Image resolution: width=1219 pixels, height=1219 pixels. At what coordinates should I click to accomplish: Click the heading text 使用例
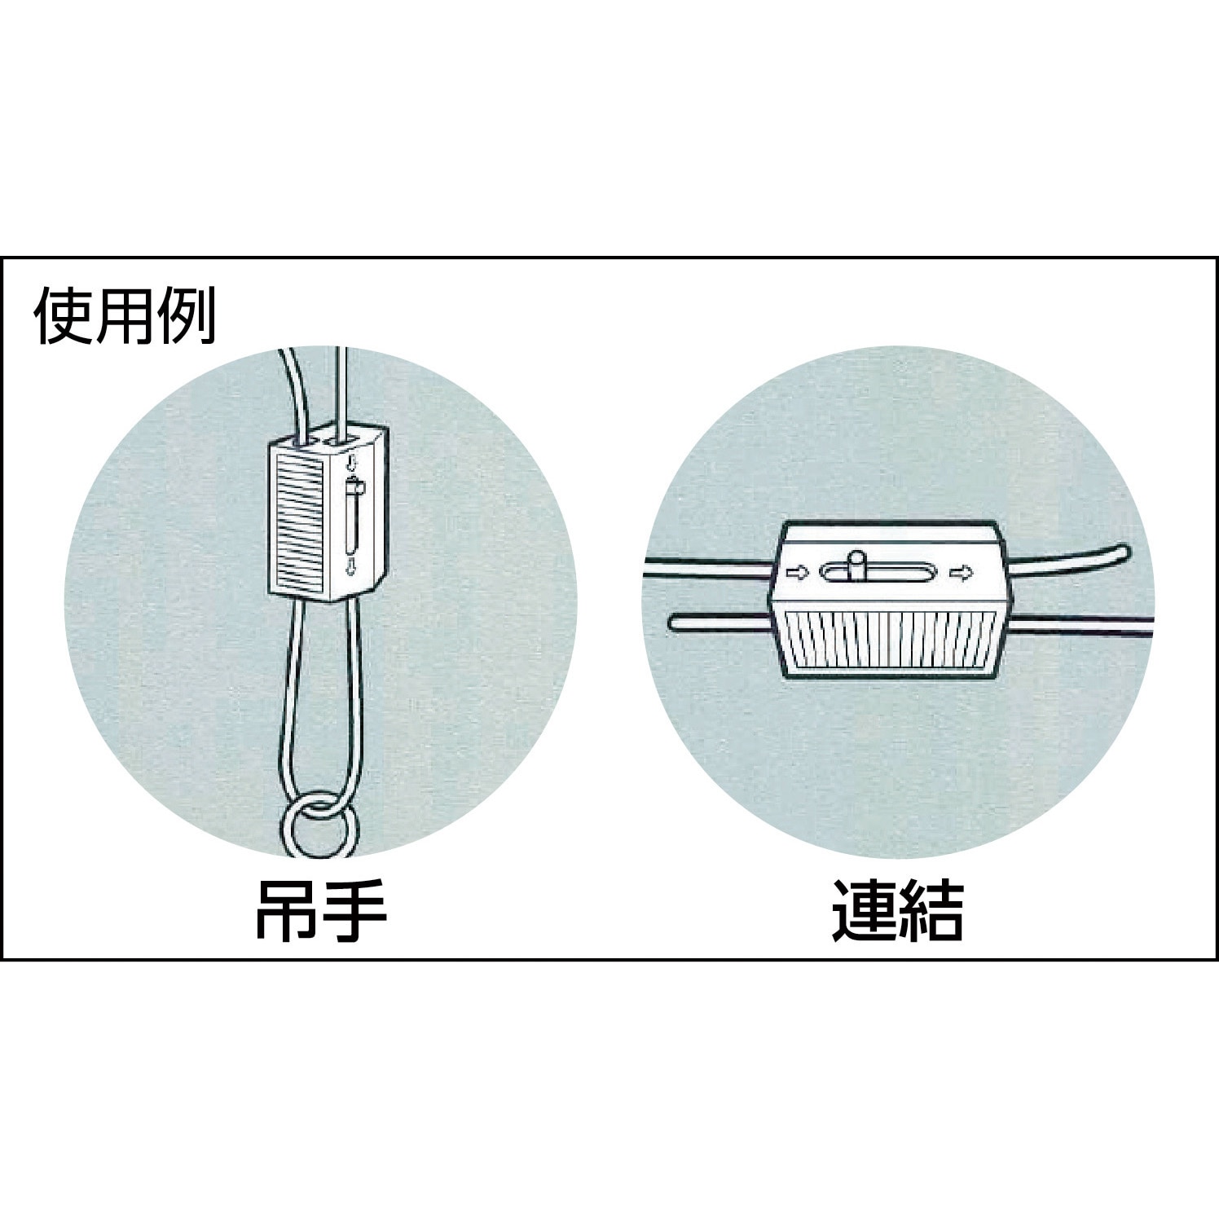tap(125, 314)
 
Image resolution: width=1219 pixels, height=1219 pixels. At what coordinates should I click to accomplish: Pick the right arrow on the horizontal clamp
tap(963, 574)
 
